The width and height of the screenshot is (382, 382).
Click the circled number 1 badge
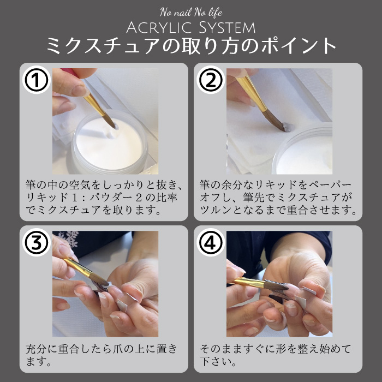(37, 80)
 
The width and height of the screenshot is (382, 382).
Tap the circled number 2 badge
(211, 80)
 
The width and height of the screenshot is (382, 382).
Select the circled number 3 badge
(37, 242)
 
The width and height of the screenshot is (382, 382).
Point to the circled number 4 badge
(211, 242)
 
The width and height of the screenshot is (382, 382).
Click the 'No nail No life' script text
(191, 12)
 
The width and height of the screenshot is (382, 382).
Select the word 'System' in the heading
(227, 27)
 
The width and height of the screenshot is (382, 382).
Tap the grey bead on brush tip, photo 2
(288, 128)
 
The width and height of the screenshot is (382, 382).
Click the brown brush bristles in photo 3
(99, 279)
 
